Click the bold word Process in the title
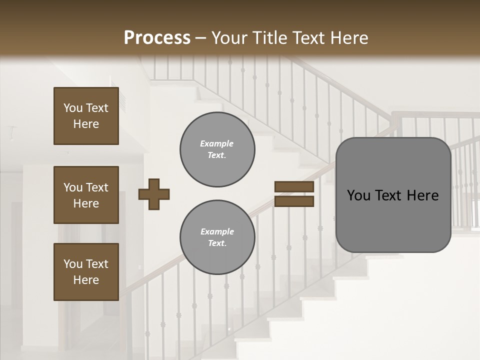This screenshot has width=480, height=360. [157, 38]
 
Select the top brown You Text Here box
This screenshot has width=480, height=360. [86, 116]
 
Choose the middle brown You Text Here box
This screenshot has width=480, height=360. [86, 195]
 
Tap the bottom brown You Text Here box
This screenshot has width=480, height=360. [86, 272]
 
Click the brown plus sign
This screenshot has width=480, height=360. [154, 194]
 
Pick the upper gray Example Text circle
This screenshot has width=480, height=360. [217, 149]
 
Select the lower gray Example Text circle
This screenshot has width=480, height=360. [217, 237]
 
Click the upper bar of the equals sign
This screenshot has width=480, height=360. [294, 187]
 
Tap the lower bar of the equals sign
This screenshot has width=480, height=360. [294, 201]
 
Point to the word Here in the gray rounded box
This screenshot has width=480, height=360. [422, 195]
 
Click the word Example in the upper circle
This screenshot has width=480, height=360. [216, 143]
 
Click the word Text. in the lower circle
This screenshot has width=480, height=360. [217, 243]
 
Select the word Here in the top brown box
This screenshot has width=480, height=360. [86, 124]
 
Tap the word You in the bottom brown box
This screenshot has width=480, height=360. [73, 264]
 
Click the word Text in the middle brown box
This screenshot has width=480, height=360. [97, 187]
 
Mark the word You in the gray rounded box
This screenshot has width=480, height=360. [359, 195]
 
